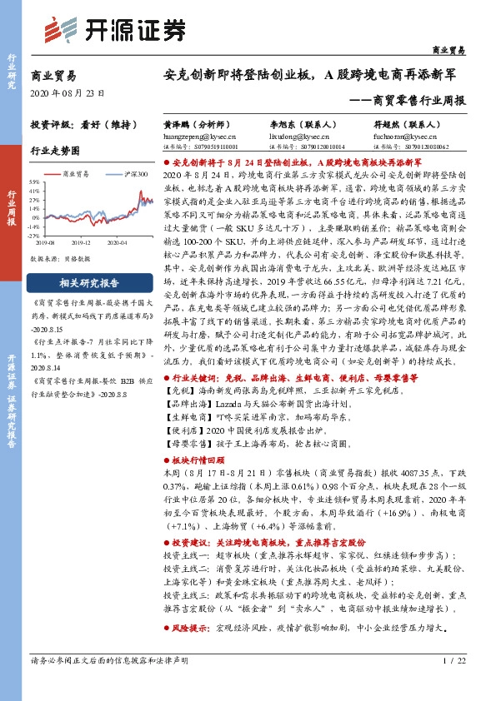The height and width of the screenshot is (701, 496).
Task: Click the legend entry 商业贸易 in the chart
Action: click(x=82, y=174)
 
